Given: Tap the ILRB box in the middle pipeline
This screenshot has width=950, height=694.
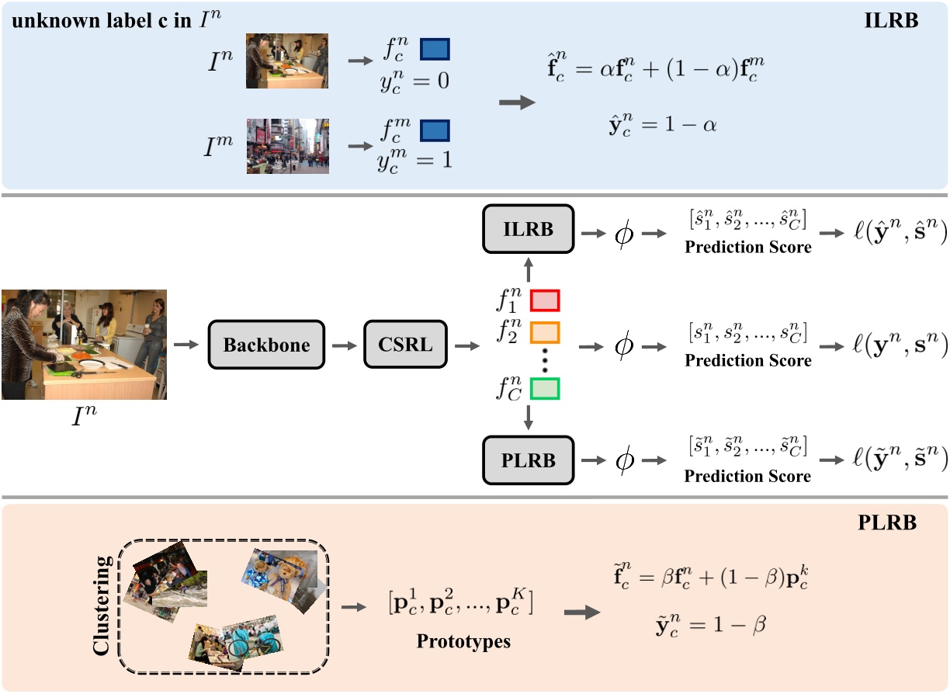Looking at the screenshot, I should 529,229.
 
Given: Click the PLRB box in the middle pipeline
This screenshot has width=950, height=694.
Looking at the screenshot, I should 529,460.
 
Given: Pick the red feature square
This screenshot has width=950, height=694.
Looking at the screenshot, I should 544,300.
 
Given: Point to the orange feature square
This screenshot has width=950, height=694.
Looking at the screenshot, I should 544,332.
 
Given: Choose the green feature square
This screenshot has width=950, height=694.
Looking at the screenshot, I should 544,388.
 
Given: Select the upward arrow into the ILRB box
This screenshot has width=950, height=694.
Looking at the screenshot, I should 529,268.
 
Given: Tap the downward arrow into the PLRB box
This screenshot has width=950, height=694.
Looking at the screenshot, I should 529,418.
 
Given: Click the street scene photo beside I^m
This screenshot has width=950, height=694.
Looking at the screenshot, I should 288,145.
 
